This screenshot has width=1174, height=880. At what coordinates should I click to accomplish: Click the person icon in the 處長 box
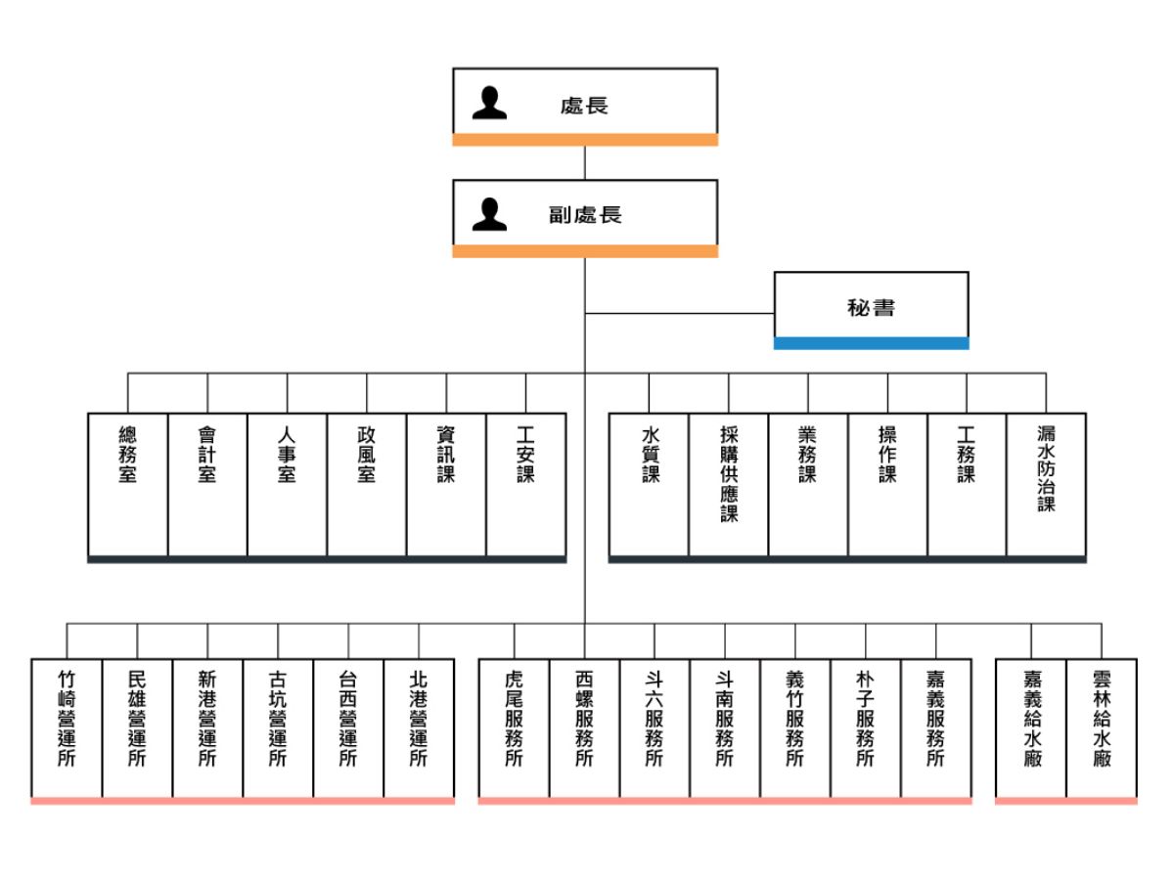[x=489, y=104]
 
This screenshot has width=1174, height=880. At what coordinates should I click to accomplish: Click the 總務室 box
[x=127, y=484]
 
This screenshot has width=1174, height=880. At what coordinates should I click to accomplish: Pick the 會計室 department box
[x=207, y=484]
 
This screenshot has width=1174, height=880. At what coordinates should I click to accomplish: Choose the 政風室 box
[x=367, y=484]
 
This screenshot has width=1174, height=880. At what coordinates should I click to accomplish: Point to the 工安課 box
[x=526, y=484]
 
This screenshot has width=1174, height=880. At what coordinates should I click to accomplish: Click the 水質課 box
[x=650, y=484]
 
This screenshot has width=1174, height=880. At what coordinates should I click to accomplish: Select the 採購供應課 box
[x=729, y=484]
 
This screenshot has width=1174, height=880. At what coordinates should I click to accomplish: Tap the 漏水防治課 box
[x=1046, y=484]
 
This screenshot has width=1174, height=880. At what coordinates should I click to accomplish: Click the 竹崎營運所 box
[x=67, y=727]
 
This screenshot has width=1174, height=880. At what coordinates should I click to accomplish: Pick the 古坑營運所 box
[x=278, y=727]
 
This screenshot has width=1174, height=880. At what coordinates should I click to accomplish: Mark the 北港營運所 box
[x=419, y=727]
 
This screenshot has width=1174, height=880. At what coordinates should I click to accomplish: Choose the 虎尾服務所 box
[x=514, y=727]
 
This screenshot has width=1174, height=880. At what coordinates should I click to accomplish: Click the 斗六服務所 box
[x=655, y=727]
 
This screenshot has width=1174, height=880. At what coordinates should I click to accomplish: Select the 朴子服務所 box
[x=866, y=727]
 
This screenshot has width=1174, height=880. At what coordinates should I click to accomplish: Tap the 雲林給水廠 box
[x=1102, y=727]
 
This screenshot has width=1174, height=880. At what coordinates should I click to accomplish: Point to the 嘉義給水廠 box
[x=1031, y=727]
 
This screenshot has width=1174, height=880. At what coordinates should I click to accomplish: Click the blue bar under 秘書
[x=871, y=343]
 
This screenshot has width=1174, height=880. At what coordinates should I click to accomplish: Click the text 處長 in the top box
[x=585, y=105]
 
